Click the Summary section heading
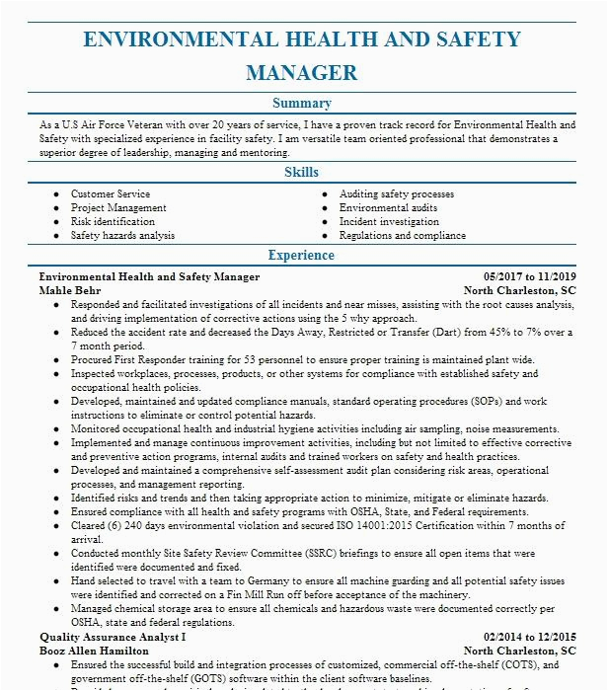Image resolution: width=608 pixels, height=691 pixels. [302, 103]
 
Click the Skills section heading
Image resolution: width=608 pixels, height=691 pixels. [302, 172]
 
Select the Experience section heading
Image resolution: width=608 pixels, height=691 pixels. [302, 255]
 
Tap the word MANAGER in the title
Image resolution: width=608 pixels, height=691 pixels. [302, 72]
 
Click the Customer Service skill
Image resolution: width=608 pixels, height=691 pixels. [111, 194]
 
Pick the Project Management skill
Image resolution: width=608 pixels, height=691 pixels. [118, 208]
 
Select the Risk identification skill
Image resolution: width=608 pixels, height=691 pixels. [113, 222]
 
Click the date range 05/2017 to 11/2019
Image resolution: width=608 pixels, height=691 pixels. [529, 277]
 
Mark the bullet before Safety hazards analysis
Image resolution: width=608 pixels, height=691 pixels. [56, 236]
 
